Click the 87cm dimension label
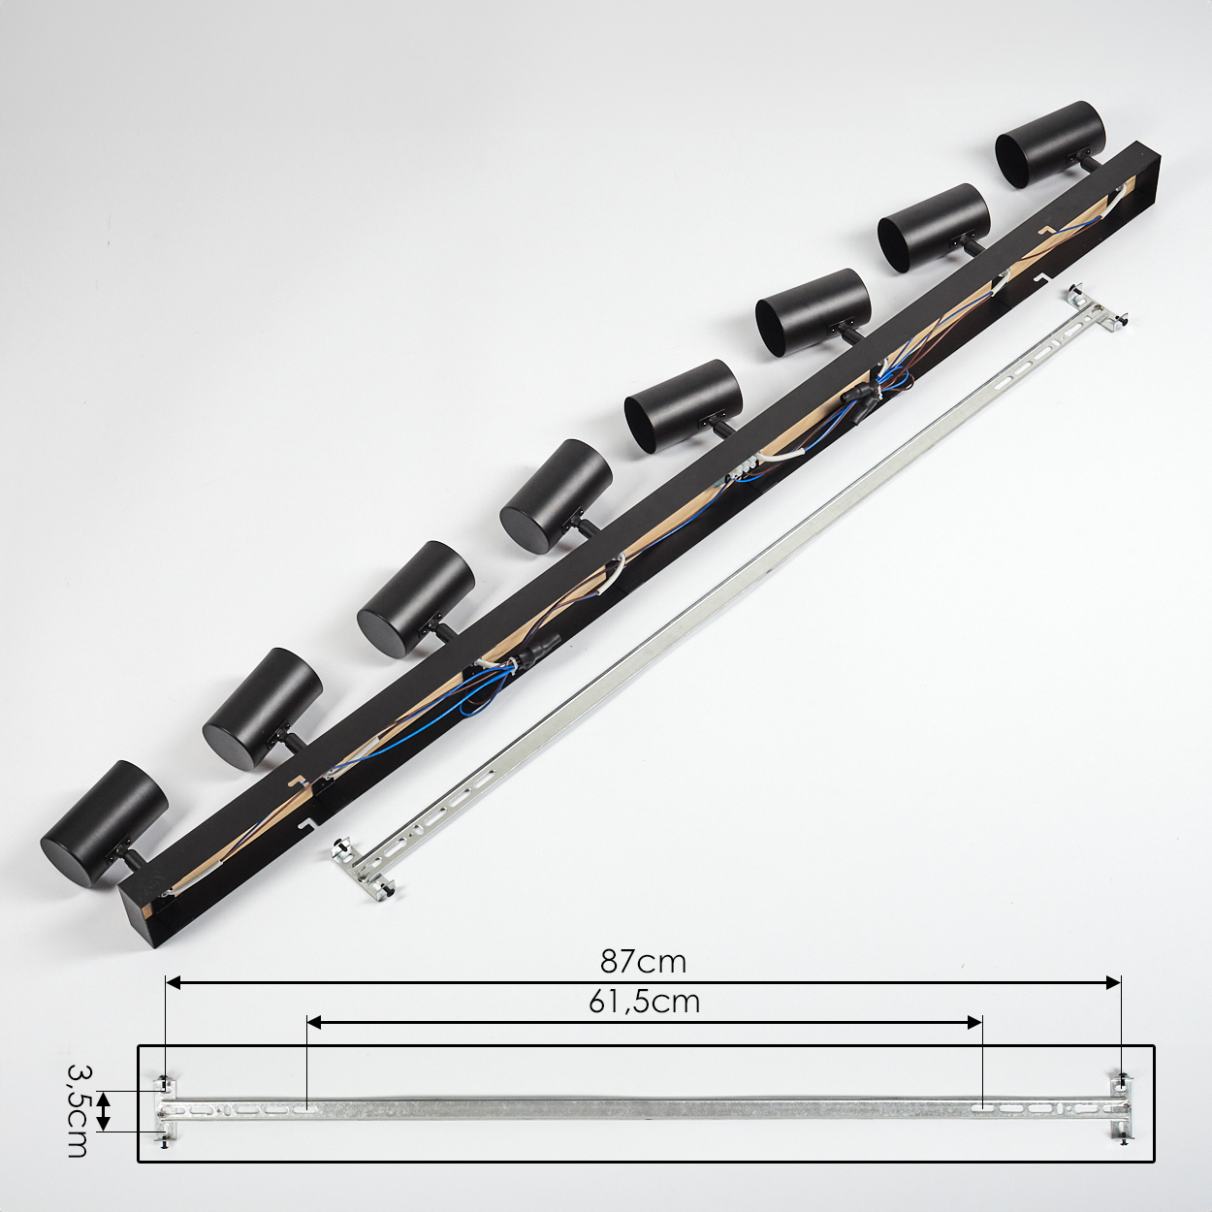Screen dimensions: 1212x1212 tap(642, 962)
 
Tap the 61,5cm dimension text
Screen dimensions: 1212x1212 tap(644, 1002)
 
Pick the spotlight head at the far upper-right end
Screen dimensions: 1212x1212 tap(1050, 144)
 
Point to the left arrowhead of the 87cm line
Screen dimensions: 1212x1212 tap(173, 982)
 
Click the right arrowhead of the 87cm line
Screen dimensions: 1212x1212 tap(1113, 982)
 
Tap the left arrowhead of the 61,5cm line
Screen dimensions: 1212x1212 tap(314, 1022)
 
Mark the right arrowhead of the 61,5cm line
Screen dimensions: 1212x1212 tap(974, 1022)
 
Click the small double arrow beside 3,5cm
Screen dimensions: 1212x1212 tap(105, 1111)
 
